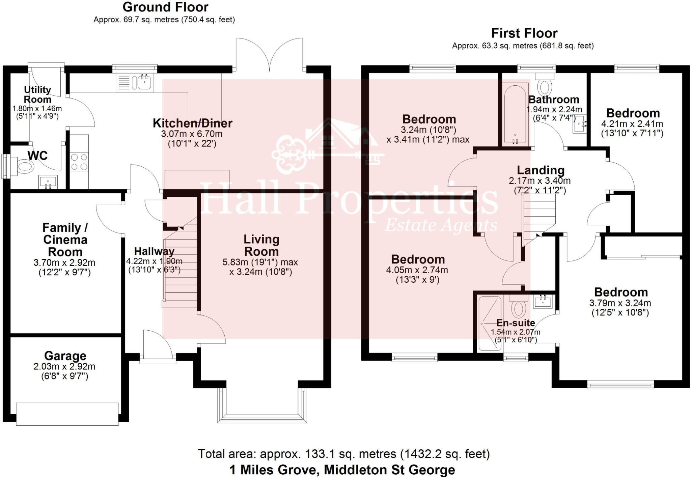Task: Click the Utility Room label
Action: coord(37,94)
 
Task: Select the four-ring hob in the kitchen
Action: coord(79,162)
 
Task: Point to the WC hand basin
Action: coord(48,182)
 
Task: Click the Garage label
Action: coord(65,356)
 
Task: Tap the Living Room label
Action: coord(261,245)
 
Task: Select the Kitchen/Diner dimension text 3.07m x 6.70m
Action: coord(192,134)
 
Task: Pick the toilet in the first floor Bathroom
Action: coord(545,85)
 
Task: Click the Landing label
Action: coord(541,170)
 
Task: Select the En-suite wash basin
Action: coord(543,301)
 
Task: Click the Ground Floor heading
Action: coord(165,7)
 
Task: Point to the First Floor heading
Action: coord(524,33)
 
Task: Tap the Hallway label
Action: coord(154,251)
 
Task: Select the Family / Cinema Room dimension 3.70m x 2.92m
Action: coord(64,262)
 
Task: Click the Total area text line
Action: coord(343,454)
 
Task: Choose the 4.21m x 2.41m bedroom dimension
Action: coord(632,124)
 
